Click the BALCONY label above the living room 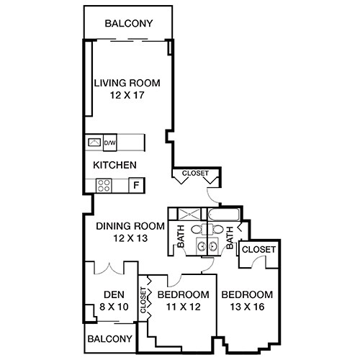(128, 23)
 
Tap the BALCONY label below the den (110, 338)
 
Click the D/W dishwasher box (110, 142)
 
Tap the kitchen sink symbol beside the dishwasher (94, 142)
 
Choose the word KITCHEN (114, 165)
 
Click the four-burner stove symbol (103, 185)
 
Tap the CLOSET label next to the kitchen (194, 174)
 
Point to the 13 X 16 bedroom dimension (247, 307)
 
